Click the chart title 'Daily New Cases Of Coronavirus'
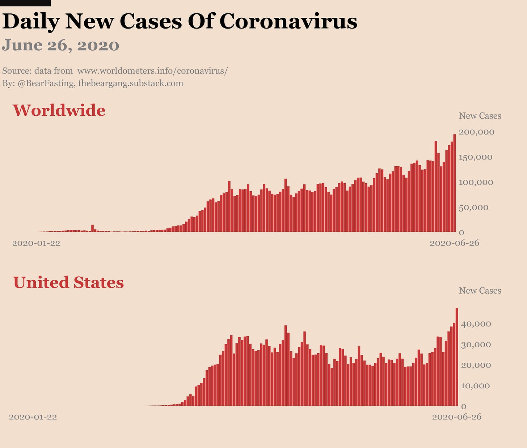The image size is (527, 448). [180, 21]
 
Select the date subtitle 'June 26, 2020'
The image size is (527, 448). [60, 46]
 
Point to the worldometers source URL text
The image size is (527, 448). [152, 71]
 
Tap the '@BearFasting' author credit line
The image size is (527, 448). [93, 83]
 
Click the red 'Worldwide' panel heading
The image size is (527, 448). [59, 110]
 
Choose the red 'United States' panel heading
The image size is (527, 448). [68, 282]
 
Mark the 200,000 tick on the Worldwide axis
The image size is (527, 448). [476, 132]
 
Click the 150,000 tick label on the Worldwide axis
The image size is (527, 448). [476, 157]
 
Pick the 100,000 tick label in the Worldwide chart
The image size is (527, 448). [476, 182]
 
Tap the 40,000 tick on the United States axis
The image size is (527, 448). [476, 324]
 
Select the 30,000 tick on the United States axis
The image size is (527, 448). [476, 345]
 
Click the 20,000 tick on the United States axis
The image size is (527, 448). [476, 365]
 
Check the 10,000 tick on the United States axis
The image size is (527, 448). [476, 386]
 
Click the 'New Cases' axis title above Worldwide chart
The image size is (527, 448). [480, 116]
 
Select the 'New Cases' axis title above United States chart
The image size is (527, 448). [480, 291]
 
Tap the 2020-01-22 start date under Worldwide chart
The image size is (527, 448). [36, 243]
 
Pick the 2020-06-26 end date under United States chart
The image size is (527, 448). [457, 417]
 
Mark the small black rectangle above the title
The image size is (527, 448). [25, 3]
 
